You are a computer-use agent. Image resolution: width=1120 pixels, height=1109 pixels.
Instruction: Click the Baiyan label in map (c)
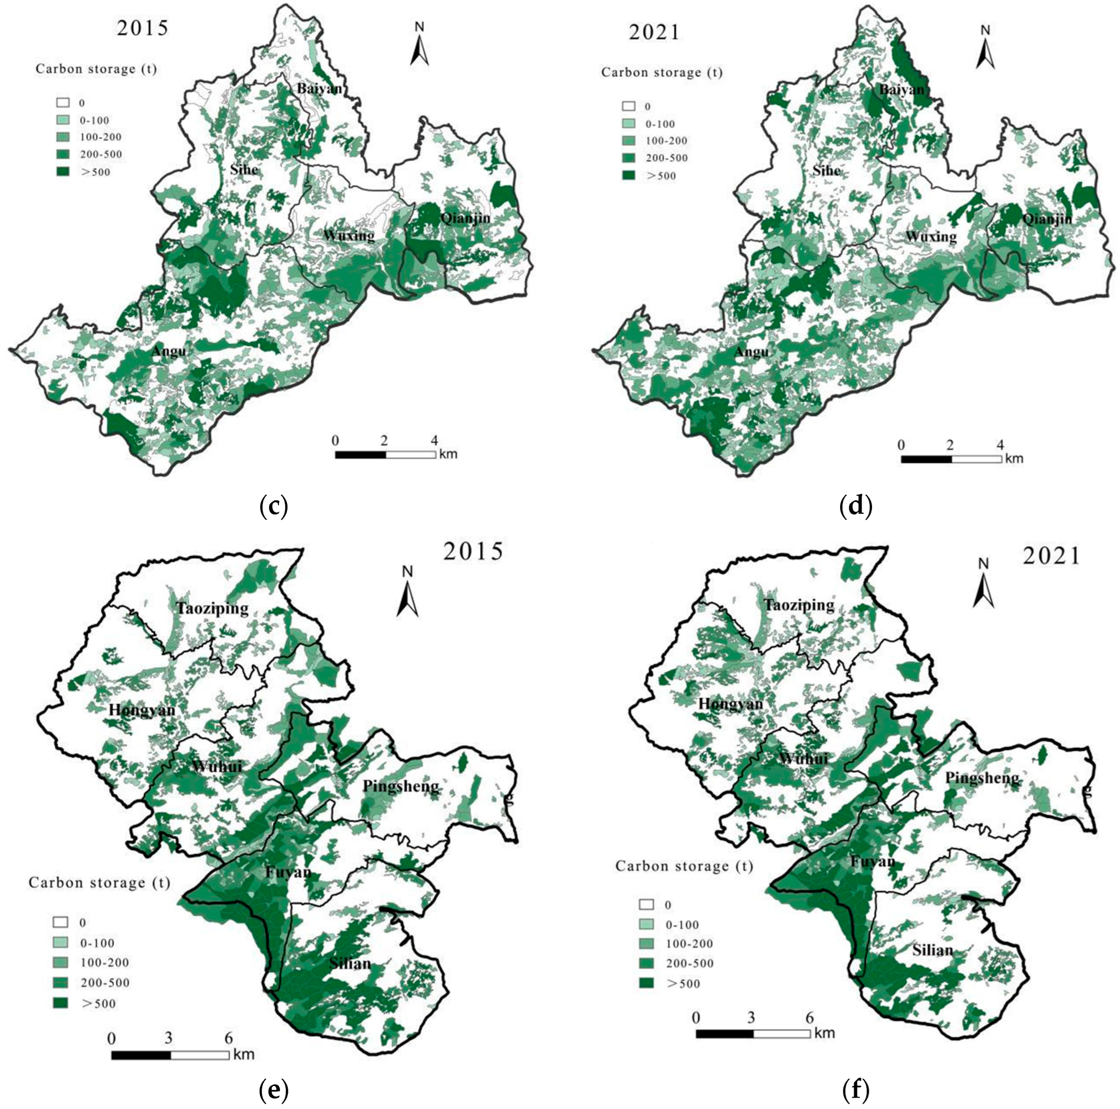[319, 89]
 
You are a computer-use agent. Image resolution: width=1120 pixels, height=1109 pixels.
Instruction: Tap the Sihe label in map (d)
[826, 171]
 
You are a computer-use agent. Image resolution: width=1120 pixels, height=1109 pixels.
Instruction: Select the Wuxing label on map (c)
[348, 235]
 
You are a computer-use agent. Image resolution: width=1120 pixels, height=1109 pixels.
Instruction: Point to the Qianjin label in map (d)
[1047, 219]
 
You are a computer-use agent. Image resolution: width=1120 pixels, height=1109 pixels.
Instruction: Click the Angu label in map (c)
[169, 351]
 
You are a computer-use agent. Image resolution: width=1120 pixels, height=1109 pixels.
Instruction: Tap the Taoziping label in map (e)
[213, 609]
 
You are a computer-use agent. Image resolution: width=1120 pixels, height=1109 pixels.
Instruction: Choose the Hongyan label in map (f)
[730, 704]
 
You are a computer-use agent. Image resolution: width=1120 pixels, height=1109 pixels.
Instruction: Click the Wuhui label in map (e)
[216, 766]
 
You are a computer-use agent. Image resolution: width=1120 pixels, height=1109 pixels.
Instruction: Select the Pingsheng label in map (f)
[982, 778]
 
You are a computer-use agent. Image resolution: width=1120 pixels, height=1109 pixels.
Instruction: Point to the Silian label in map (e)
[350, 964]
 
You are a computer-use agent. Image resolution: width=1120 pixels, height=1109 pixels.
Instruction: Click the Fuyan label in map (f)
[872, 861]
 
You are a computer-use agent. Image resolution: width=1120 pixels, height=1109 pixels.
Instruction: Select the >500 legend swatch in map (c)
[63, 172]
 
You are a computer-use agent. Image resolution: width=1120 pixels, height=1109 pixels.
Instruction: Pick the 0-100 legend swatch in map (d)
[628, 123]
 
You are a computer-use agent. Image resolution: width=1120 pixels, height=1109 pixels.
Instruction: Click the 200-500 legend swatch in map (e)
[61, 982]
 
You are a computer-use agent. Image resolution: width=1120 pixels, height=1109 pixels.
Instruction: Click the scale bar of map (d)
[951, 459]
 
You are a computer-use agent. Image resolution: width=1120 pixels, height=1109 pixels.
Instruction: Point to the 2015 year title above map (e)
[473, 551]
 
